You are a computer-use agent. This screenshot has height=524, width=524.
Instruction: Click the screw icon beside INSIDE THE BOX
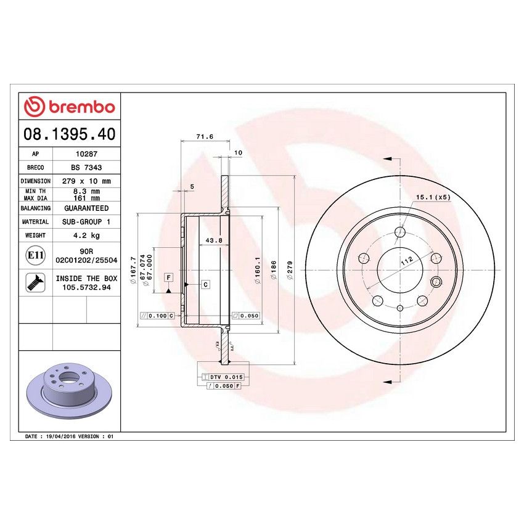34,282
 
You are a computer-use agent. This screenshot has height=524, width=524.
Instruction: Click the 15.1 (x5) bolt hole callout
433,197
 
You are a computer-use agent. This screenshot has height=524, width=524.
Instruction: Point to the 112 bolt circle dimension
407,261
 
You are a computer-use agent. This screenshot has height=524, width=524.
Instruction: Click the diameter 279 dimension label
290,271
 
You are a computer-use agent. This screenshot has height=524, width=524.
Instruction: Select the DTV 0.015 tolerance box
223,376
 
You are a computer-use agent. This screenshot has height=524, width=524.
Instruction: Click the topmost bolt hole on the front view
399,232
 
